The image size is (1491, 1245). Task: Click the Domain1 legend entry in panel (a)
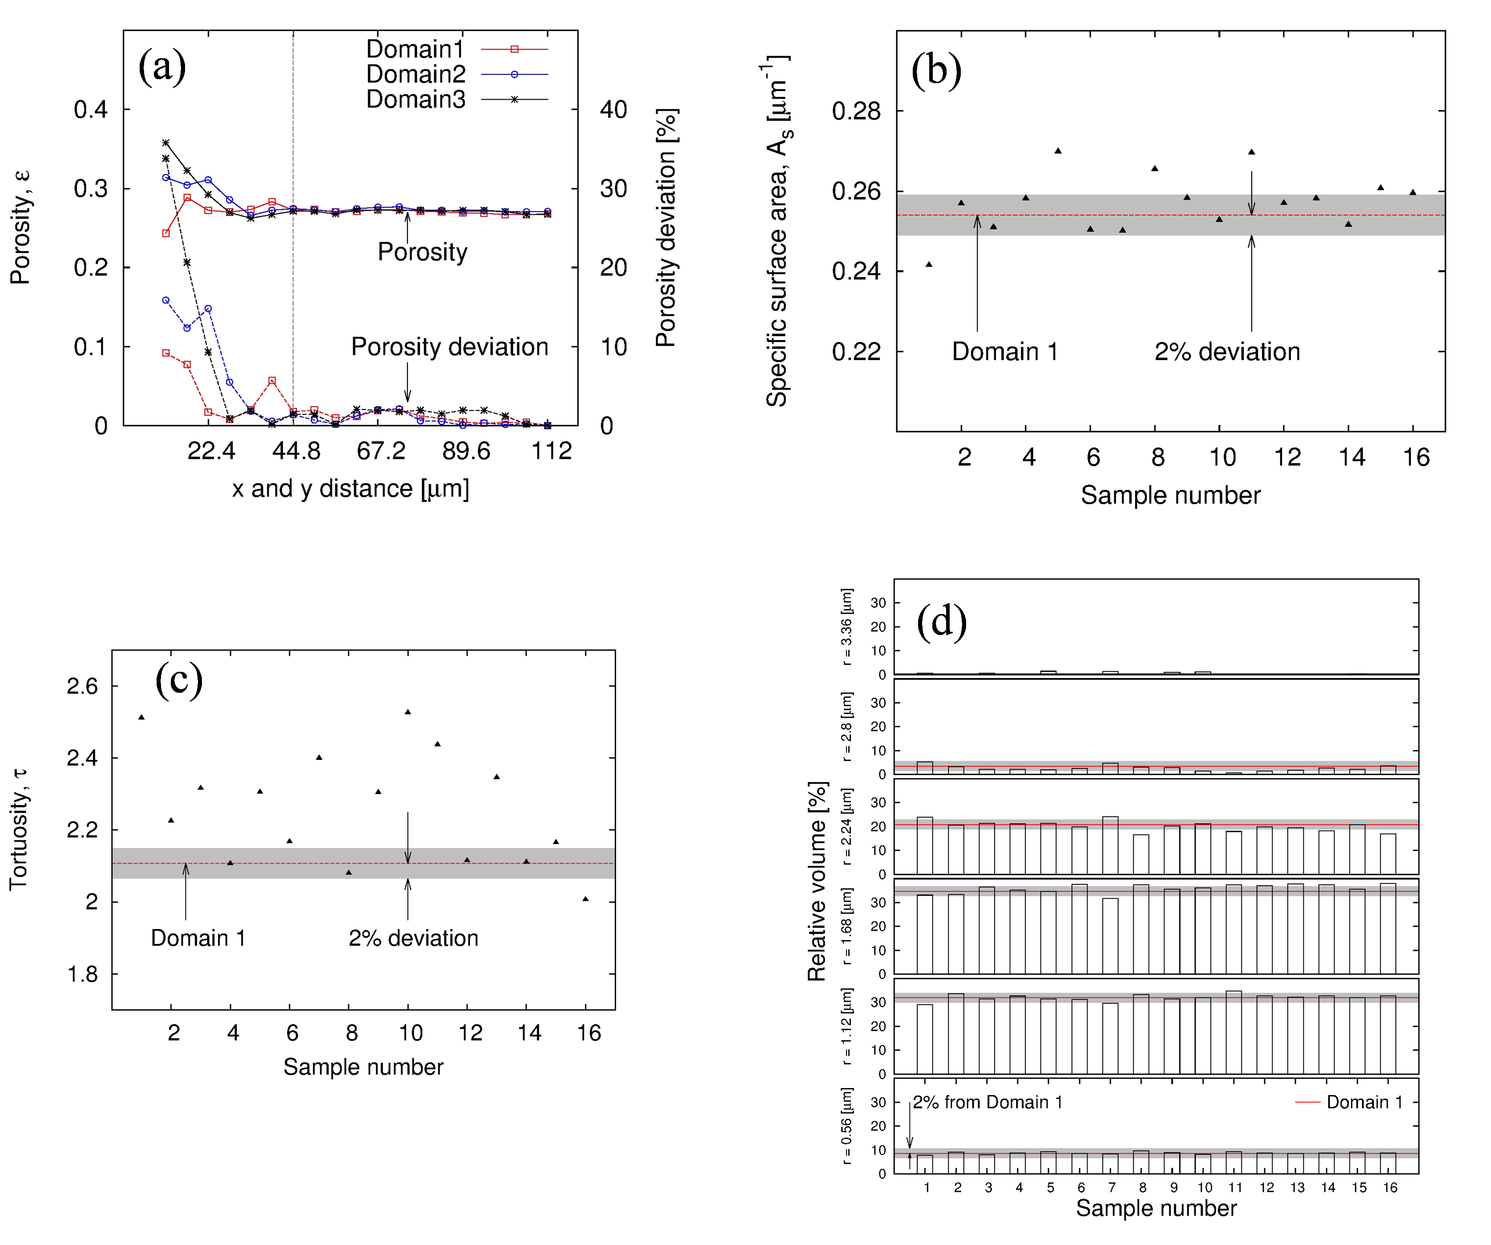point(415,49)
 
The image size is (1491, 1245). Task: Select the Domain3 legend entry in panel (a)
point(415,99)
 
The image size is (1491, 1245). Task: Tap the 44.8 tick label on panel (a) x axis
point(296,451)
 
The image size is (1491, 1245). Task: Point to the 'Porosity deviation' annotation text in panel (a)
point(449,347)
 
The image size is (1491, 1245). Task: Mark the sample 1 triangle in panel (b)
point(929,265)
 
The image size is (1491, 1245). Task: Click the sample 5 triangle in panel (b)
point(1058,150)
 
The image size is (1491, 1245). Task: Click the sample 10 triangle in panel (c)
point(407,711)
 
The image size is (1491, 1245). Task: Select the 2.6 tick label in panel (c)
point(82,687)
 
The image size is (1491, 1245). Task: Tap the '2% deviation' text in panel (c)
point(413,938)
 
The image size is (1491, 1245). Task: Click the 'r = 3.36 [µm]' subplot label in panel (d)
point(846,627)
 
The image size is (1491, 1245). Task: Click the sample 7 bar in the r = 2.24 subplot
point(1110,845)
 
